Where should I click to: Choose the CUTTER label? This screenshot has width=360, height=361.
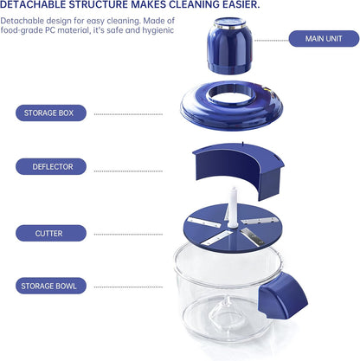(x=48, y=233)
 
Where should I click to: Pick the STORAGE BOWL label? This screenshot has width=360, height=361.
(x=54, y=285)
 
